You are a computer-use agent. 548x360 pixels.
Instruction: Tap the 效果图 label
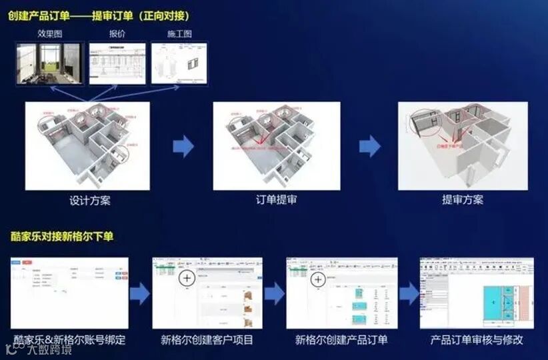click(x=50, y=34)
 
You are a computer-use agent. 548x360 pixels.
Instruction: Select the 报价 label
click(x=117, y=34)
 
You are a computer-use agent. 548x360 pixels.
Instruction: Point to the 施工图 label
click(x=179, y=34)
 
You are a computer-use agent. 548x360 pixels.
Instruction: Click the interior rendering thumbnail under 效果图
click(x=50, y=64)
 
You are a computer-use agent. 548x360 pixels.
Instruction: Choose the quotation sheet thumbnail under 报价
click(x=117, y=64)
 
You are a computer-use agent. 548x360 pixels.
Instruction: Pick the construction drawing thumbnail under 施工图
click(x=179, y=64)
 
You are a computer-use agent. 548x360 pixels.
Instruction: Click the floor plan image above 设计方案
click(x=87, y=145)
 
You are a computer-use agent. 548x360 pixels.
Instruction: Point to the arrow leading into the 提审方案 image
click(x=369, y=146)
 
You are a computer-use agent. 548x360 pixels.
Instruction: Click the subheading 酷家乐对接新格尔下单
click(x=62, y=237)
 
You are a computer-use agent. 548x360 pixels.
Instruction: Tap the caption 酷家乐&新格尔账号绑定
click(x=69, y=340)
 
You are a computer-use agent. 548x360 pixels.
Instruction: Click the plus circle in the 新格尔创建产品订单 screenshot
click(x=318, y=280)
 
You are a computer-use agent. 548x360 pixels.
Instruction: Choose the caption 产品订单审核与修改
click(x=477, y=340)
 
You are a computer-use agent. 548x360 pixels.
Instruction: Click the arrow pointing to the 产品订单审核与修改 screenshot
click(x=408, y=293)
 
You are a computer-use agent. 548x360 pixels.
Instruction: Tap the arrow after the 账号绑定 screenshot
click(x=139, y=293)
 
